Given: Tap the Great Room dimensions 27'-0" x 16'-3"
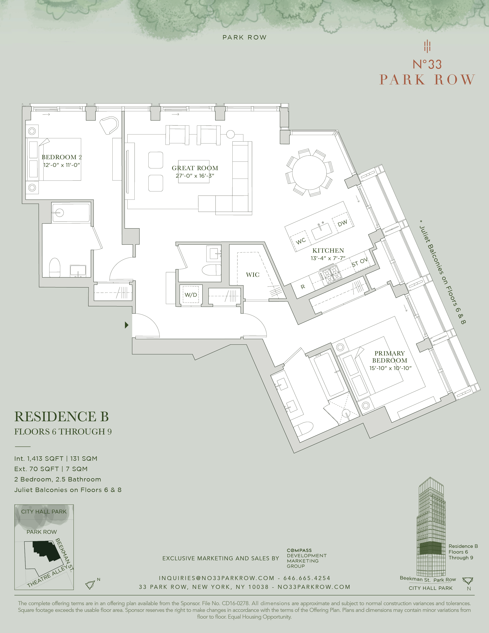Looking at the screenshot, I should [195, 176].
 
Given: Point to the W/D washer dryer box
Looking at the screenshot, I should [191, 295].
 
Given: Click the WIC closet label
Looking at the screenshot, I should [252, 275].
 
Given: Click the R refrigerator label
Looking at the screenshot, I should [303, 287].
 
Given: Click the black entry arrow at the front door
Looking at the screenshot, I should [127, 325].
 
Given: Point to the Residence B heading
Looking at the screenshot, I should [61, 417].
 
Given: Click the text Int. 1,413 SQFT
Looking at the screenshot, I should [39, 458].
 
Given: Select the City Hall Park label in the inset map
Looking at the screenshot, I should [44, 512].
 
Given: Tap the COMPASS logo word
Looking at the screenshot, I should [299, 550].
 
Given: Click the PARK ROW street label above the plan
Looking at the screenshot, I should [244, 37].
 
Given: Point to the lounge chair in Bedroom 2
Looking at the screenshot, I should [109, 125].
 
